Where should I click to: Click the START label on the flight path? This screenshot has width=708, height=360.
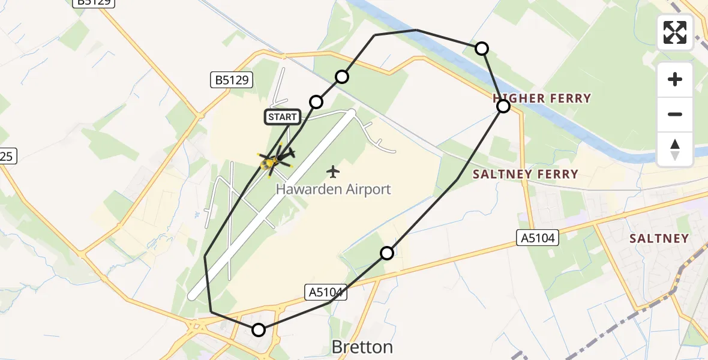(282, 117)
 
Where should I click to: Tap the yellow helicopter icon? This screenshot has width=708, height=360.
(269, 161)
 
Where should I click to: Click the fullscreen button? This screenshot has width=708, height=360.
(675, 32)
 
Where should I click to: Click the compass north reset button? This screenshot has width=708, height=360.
(675, 149)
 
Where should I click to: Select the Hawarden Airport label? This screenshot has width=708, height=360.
(333, 190)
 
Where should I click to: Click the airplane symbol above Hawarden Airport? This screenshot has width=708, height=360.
(333, 172)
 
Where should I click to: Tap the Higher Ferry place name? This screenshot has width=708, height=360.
(542, 98)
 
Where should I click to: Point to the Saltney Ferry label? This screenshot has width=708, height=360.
(526, 175)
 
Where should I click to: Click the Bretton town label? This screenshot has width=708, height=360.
(362, 347)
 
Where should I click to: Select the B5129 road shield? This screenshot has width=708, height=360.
(232, 79)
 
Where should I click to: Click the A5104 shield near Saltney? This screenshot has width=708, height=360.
(538, 238)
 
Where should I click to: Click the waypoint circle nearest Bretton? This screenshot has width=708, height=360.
(259, 329)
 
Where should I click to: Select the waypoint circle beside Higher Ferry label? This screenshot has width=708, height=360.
(503, 106)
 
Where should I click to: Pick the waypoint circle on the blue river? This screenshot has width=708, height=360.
(482, 49)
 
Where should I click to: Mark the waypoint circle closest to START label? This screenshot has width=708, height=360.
(316, 102)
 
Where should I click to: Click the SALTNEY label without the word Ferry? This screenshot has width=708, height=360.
(659, 238)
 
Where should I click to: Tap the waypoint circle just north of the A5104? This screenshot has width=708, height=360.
(387, 253)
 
